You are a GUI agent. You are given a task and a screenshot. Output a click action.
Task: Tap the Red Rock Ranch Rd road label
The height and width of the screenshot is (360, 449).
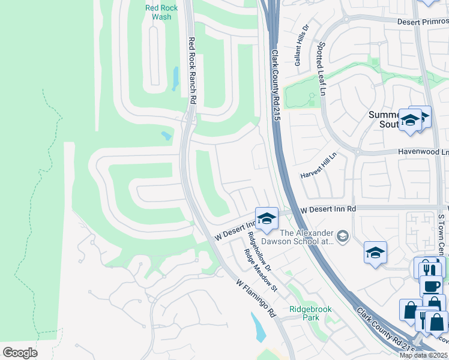[x=193, y=71]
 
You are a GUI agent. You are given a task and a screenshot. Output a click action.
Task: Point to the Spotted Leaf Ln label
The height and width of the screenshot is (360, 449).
[x=322, y=68]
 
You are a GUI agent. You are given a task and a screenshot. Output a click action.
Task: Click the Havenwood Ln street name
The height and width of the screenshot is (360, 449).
[x=423, y=152]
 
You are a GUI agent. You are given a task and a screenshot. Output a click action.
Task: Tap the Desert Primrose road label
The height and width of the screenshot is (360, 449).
[x=423, y=21]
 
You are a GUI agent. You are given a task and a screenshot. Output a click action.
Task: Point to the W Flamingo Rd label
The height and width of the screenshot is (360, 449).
[x=255, y=297]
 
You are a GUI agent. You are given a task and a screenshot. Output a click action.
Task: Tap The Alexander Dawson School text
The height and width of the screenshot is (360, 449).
[x=306, y=237]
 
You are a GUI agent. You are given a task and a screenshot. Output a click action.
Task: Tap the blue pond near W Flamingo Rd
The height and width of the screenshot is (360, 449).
[x=259, y=328]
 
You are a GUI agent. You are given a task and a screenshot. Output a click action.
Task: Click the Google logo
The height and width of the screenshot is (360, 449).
[x=20, y=353]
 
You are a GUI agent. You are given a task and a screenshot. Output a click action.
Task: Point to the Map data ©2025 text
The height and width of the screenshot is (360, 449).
[x=424, y=355]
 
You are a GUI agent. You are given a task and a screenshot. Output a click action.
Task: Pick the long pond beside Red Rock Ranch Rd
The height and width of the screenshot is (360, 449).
[x=175, y=78]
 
